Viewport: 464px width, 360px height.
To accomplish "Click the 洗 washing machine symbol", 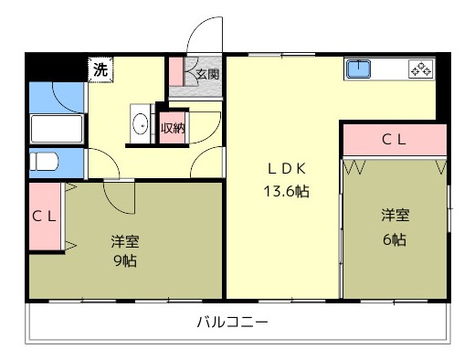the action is (x=100, y=69).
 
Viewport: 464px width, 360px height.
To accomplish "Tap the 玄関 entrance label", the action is (x=207, y=74).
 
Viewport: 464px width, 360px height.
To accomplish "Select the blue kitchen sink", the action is (x=358, y=69).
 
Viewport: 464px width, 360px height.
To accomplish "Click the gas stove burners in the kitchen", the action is (x=421, y=69).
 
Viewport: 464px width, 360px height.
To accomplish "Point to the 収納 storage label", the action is (x=173, y=128).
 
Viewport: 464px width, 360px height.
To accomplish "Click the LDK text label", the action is (x=287, y=169).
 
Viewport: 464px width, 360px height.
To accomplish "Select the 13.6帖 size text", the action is (x=286, y=192).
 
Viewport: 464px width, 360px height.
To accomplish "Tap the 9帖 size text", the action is (x=125, y=260).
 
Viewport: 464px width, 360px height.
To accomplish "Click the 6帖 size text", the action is (x=395, y=239).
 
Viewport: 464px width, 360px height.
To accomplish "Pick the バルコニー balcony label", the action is (x=233, y=322).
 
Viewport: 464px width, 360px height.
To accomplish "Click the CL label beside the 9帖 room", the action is (x=44, y=217).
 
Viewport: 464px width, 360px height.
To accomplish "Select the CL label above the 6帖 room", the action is (x=394, y=140).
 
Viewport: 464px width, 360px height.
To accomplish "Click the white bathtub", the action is (x=57, y=129).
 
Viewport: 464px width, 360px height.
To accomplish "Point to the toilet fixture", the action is (x=44, y=162).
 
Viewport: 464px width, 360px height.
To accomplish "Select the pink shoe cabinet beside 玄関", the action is (x=175, y=71).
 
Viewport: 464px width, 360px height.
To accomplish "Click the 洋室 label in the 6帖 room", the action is (x=395, y=215).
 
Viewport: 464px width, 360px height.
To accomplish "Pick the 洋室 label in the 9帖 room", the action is (x=125, y=241).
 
